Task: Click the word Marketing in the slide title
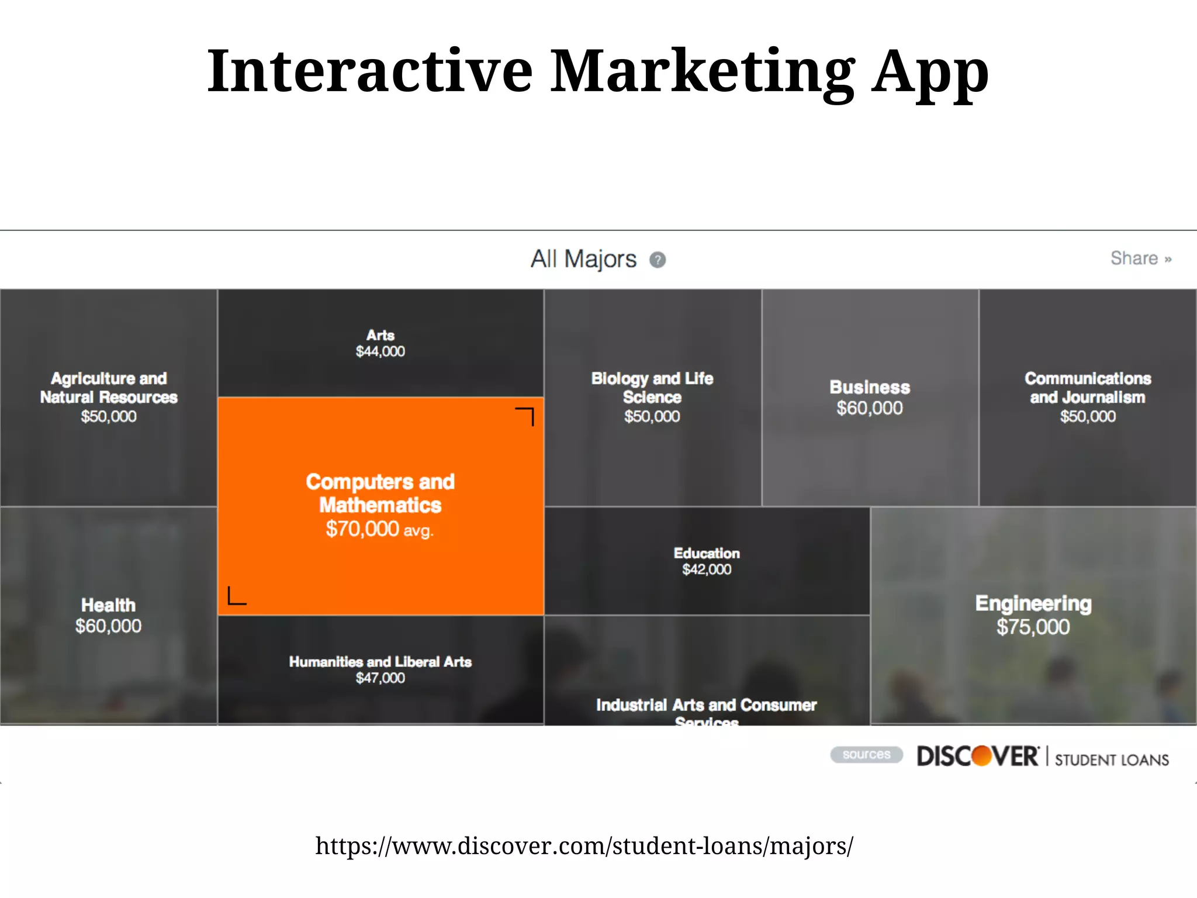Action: tap(702, 71)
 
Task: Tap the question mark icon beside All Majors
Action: tap(658, 260)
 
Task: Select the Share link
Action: tap(1140, 258)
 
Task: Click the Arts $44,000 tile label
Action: tap(380, 343)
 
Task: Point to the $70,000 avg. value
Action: tap(379, 529)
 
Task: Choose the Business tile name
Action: tap(870, 387)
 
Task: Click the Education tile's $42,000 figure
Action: tap(707, 569)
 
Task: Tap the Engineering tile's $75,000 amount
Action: tap(1033, 627)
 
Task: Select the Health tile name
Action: tap(108, 605)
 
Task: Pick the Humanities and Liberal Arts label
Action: tap(380, 662)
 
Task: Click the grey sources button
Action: tap(866, 755)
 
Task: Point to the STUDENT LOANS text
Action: tap(1112, 759)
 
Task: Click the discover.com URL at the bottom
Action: tap(584, 846)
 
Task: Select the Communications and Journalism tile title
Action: tap(1088, 388)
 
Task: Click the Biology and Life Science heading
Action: tap(652, 388)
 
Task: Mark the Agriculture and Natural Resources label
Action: tap(109, 388)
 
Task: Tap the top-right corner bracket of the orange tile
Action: tap(525, 416)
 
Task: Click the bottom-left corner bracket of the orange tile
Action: tap(236, 596)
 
